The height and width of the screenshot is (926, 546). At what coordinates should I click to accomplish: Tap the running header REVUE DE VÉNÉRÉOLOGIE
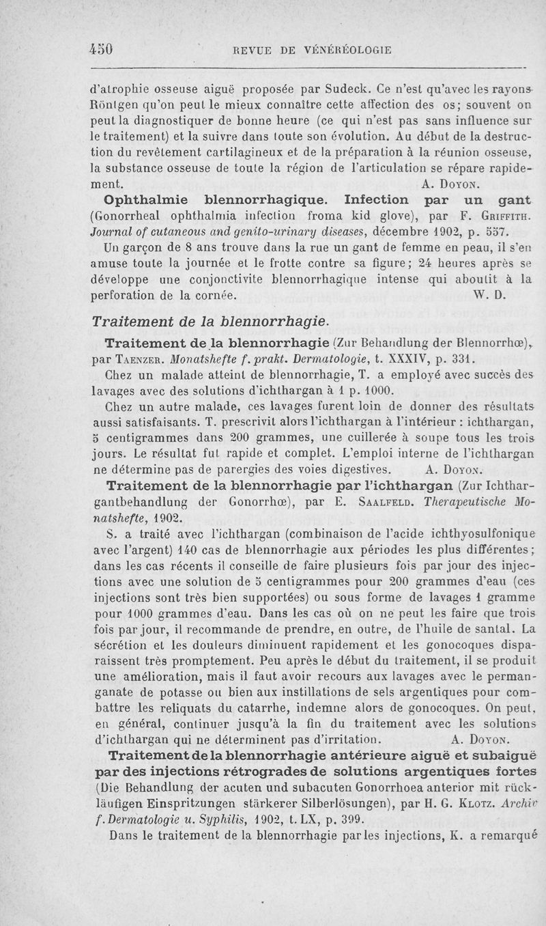[312, 50]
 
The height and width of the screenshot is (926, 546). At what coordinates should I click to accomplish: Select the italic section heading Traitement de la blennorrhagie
[211, 320]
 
